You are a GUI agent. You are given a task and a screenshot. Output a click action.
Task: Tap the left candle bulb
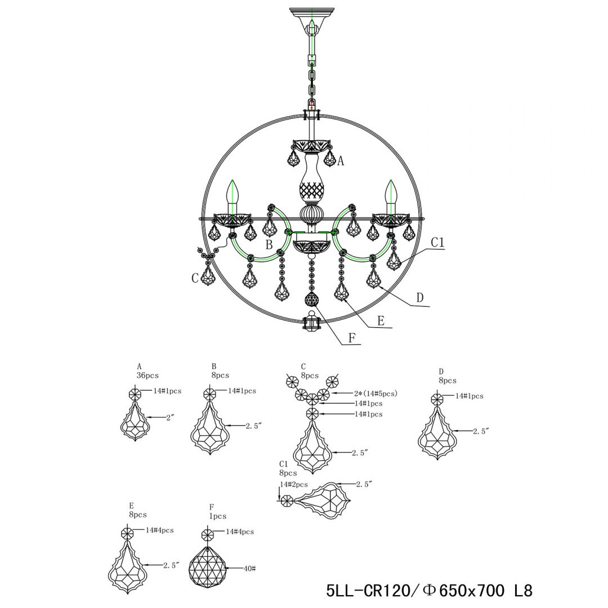pos(233,196)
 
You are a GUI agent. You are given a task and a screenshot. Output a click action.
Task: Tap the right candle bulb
pos(391,196)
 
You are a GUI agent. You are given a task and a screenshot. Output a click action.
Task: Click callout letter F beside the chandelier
pos(352,338)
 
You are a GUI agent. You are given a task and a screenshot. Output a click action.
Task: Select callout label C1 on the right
pos(437,242)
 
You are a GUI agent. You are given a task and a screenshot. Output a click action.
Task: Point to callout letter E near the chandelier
pos(381,321)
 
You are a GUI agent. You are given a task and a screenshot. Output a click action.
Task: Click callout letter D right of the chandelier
pos(419,298)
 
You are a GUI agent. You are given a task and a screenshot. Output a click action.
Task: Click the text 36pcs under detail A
pos(147,375)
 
